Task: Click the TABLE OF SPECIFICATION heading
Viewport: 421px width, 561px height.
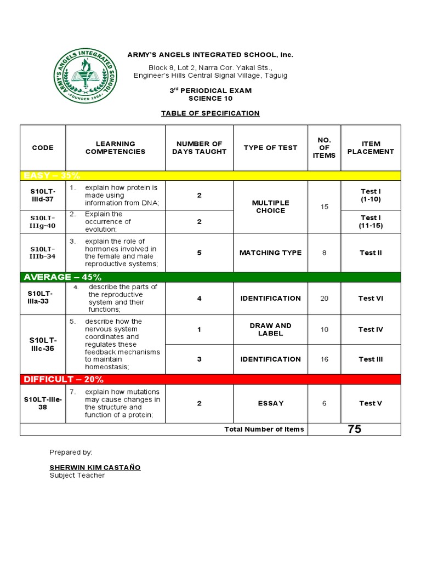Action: click(x=210, y=113)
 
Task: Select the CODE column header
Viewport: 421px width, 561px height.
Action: click(x=43, y=147)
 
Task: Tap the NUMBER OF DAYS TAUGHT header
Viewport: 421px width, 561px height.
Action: click(x=199, y=147)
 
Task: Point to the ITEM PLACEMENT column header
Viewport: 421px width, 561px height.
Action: click(x=371, y=147)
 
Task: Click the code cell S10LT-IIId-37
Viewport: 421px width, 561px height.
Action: click(x=43, y=195)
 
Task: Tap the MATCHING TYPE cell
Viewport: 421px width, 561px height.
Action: click(x=270, y=253)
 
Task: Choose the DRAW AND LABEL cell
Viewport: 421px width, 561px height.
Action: click(x=270, y=329)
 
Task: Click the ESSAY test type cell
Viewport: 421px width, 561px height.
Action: click(x=270, y=403)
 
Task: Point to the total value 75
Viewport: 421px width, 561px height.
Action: click(x=354, y=429)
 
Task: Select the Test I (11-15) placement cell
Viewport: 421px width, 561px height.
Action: click(x=371, y=221)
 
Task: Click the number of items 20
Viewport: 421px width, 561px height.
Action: click(x=324, y=299)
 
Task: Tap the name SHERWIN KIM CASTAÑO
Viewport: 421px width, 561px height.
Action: click(x=95, y=467)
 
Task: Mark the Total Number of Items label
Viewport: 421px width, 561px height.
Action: click(x=264, y=429)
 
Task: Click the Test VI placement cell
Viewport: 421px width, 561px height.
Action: click(x=371, y=299)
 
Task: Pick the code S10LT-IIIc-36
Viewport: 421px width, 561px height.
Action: click(x=43, y=344)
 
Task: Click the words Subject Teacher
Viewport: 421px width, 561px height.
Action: click(x=77, y=476)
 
